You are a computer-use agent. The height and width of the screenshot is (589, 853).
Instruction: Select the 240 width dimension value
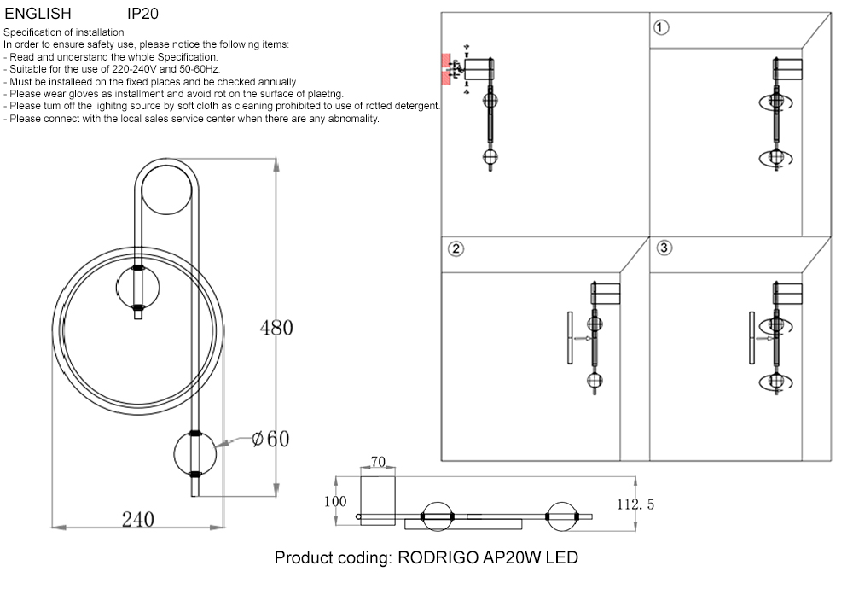tap(137, 519)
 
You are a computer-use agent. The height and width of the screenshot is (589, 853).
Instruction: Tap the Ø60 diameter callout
tap(271, 439)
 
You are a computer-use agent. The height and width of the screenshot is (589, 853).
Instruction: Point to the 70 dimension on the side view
tap(378, 463)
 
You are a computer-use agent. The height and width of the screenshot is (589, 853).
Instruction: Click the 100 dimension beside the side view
tap(335, 502)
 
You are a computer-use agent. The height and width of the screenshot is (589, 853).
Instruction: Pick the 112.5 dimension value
tap(635, 504)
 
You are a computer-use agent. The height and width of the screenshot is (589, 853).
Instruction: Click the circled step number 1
tap(660, 27)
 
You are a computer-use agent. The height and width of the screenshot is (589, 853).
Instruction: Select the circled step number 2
tap(456, 249)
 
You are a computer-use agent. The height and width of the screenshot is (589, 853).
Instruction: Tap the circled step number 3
tap(665, 248)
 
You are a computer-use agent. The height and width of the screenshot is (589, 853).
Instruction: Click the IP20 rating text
tap(142, 15)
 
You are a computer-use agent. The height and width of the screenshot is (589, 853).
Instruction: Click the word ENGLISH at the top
tap(38, 15)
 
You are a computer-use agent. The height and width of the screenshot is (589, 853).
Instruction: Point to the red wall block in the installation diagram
tap(445, 69)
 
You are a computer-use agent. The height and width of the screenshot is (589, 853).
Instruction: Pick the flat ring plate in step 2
tap(569, 339)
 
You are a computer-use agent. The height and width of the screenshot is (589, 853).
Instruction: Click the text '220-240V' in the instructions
tap(131, 69)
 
